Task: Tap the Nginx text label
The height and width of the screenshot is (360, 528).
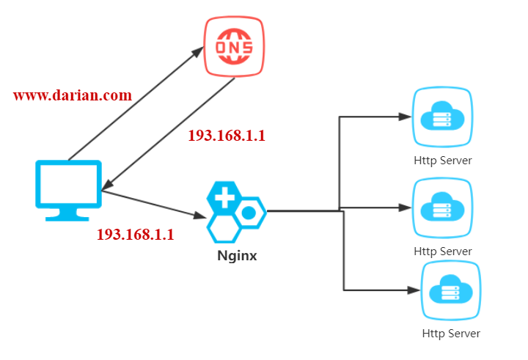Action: [237, 257]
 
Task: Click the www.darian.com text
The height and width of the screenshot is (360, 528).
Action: [73, 95]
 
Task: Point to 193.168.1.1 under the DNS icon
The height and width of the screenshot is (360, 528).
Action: [227, 136]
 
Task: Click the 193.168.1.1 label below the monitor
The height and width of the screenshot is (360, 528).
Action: [135, 235]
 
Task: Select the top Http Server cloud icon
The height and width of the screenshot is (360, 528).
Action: [442, 117]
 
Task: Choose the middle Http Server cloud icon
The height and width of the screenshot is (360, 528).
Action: [442, 208]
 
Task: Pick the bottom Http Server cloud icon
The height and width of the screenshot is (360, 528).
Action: [451, 290]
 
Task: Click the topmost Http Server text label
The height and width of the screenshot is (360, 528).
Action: [442, 160]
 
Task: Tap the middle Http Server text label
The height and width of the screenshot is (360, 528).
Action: [442, 251]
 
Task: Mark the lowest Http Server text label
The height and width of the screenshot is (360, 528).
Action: [451, 334]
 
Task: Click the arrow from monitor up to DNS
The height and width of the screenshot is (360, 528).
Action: [136, 105]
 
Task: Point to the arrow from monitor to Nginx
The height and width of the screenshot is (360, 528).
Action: [154, 204]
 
